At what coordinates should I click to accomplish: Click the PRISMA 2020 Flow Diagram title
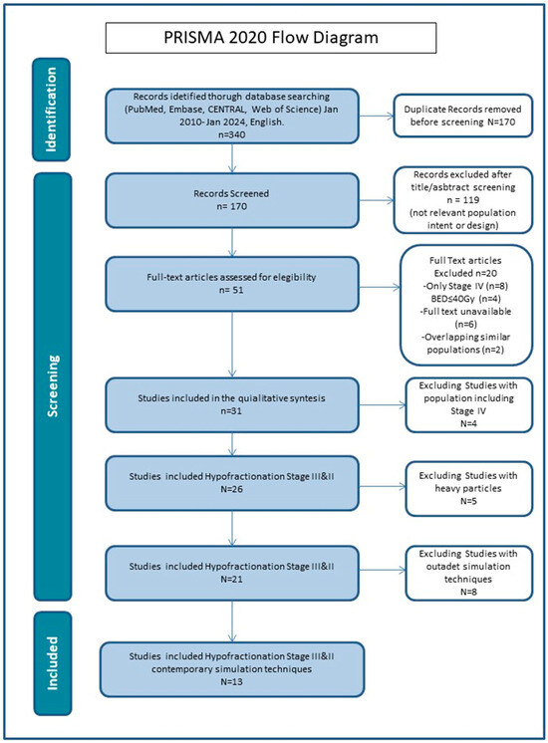point(271,38)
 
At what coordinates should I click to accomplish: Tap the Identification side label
point(52,110)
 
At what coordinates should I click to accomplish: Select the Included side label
point(52,663)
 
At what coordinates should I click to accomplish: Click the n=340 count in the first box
point(232,134)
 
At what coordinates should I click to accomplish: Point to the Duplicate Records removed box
point(462,116)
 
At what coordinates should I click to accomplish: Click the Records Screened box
point(232,200)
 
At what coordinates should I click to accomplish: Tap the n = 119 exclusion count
point(462,200)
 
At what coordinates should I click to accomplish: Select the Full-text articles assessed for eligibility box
point(232,284)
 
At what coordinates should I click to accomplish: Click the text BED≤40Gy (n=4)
point(465,299)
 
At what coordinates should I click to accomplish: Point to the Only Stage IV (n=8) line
point(465,286)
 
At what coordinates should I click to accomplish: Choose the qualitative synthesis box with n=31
point(232,404)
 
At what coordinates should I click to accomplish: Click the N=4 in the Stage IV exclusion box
point(468,423)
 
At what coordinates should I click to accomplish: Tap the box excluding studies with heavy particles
point(469,489)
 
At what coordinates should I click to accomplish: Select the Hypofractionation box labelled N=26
point(232,483)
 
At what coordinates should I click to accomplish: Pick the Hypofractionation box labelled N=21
point(232,573)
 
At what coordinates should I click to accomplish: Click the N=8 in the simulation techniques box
point(468,592)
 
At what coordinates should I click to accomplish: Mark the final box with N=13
point(232,669)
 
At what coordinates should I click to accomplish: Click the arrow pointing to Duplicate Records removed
point(377,117)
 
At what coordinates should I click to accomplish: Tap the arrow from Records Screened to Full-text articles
point(232,242)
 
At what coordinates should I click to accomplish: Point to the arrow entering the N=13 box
point(232,621)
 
